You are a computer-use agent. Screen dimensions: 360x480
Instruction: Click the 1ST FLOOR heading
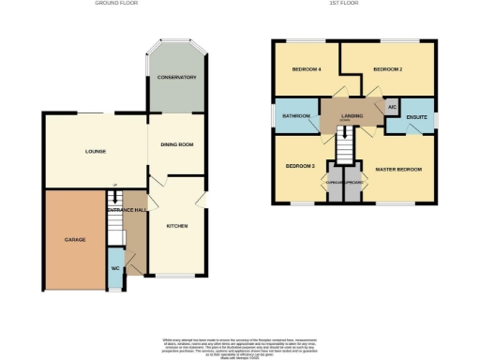(352, 4)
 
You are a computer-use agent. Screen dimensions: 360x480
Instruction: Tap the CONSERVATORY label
(176, 77)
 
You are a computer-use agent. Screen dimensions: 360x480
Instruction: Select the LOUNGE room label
(95, 151)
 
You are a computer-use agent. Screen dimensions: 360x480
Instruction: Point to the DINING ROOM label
(176, 143)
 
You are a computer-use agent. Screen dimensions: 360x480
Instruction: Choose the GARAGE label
(75, 240)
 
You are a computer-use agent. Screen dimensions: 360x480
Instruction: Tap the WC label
(114, 269)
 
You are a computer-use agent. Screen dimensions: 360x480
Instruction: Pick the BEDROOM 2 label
(386, 69)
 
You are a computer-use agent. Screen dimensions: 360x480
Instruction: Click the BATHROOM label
(296, 115)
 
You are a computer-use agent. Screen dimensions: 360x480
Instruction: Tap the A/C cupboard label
(391, 108)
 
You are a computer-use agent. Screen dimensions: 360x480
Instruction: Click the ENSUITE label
(417, 117)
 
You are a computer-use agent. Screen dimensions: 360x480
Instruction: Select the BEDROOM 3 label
(299, 165)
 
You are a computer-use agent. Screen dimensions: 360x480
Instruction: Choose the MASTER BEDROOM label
(398, 169)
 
